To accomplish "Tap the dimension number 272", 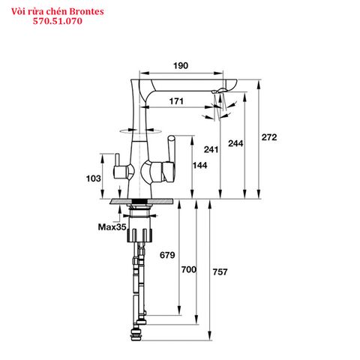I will point(269,137).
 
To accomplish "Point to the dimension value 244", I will point(234,142).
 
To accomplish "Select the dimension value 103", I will point(94,178).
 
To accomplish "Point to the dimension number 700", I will point(188,268).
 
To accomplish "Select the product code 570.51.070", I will point(58,22).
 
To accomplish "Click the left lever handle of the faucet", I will point(117,169).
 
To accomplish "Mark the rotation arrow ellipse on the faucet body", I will point(137,130).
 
